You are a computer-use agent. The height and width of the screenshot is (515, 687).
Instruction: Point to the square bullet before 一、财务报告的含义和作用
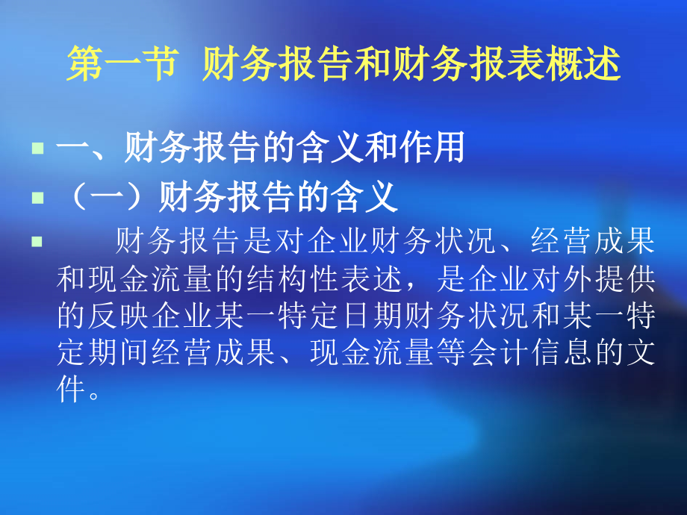pyautogui.click(x=37, y=149)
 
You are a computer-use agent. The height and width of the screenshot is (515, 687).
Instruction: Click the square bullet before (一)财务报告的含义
pyautogui.click(x=37, y=199)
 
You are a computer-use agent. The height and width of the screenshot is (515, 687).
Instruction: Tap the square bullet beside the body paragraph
pyautogui.click(x=37, y=242)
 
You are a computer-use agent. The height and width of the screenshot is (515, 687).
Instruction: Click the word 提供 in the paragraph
pyautogui.click(x=636, y=280)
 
